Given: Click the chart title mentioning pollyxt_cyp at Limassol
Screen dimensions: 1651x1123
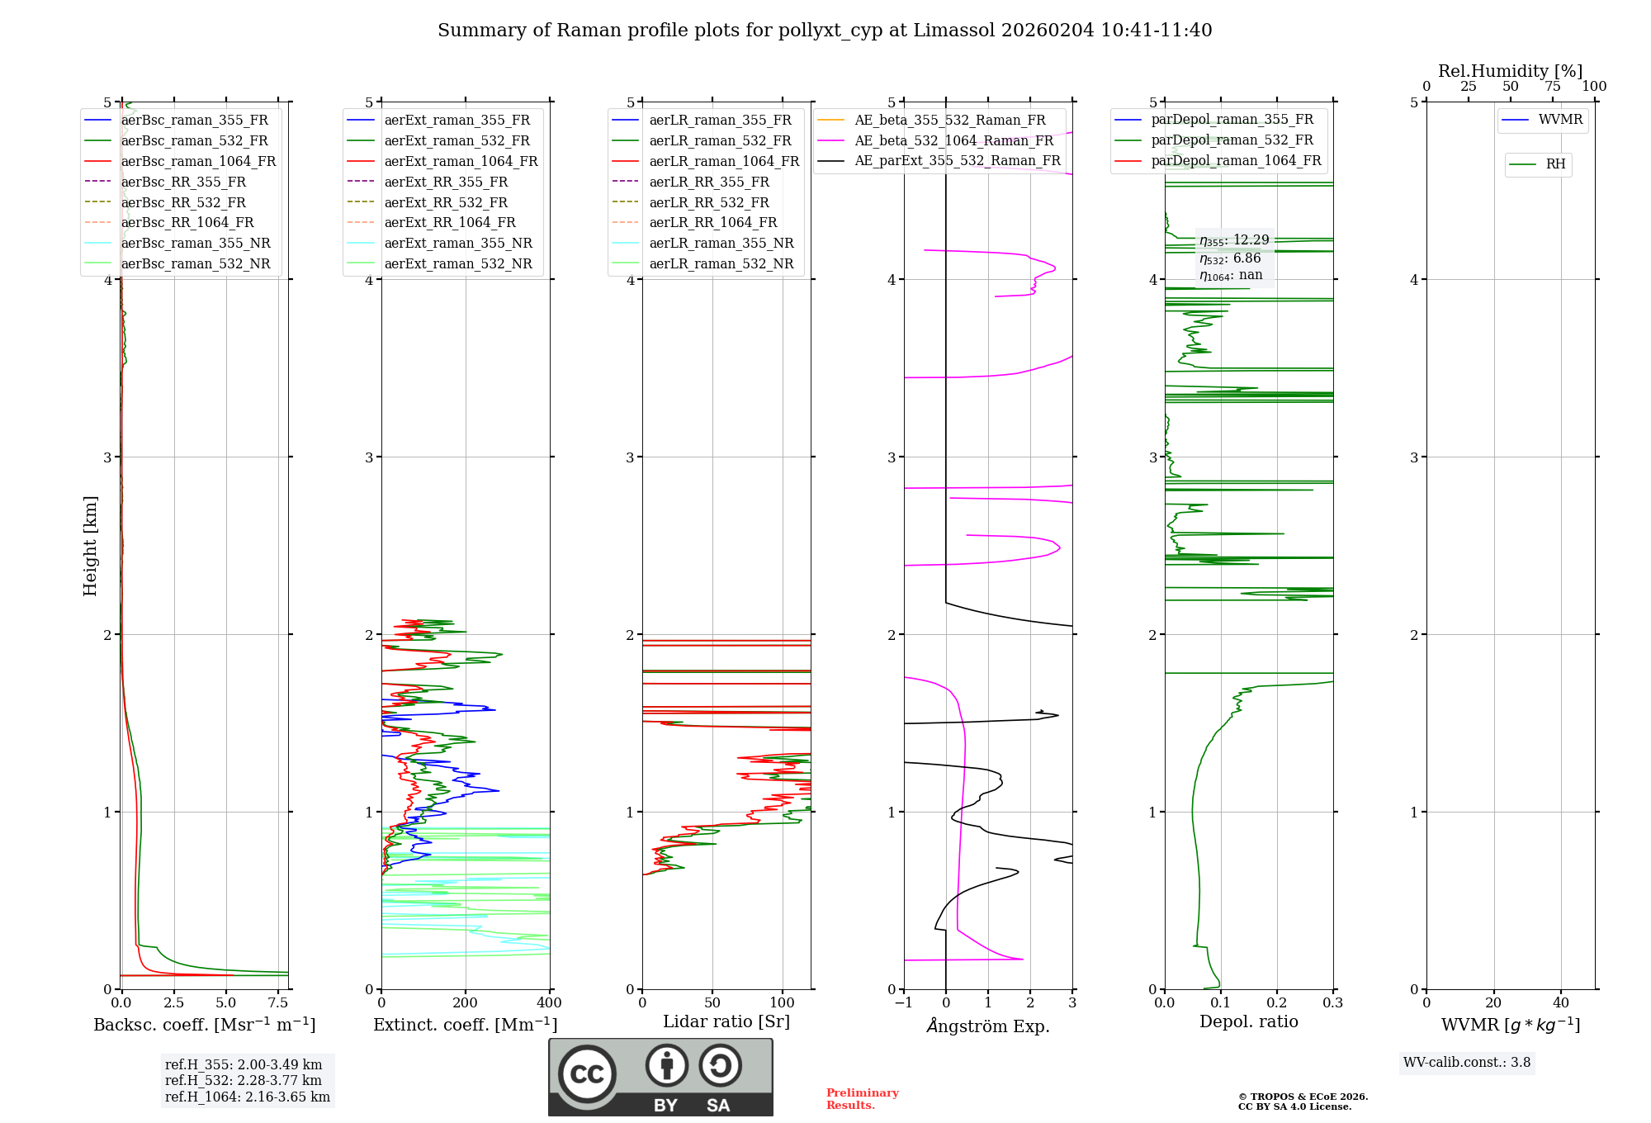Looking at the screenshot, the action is pos(825,31).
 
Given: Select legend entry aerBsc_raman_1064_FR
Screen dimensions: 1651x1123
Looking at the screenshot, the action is pos(180,161).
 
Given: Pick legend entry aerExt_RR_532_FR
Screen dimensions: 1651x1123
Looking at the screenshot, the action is pos(428,202).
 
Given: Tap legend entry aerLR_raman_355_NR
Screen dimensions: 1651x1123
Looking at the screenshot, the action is pos(703,243).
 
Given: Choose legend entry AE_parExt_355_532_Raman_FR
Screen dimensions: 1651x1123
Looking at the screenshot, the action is pos(939,160).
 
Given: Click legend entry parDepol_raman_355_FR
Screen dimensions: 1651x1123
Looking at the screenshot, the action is pos(1213,119).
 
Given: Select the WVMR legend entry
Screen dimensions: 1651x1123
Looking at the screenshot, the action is pos(1542,120).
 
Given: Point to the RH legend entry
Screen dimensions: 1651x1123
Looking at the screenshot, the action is pos(1537,164).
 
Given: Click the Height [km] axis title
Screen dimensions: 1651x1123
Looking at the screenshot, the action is pos(90,546).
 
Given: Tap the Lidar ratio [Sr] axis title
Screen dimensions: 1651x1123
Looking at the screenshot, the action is pos(726,1021).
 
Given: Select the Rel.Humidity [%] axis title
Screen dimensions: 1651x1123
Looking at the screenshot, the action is pos(1511,71).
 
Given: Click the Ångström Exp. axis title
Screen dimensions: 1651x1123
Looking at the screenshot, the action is pos(988,1026).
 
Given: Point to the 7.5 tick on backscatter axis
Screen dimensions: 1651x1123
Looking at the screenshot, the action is pos(278,1002).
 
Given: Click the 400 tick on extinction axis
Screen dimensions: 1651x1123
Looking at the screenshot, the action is pos(550,1002).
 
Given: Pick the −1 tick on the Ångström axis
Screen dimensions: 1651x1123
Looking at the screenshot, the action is pos(904,1002).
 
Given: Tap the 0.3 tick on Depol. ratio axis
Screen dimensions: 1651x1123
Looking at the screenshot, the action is pos(1333,1002).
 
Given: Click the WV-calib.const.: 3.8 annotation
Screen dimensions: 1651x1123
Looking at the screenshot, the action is pos(1467,1062).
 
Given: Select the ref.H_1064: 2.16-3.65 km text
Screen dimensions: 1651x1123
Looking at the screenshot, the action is pos(248,1097).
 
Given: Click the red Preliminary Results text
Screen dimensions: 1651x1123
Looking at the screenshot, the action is pos(863,1099).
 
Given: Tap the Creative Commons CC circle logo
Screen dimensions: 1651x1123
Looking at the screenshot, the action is pos(587,1074).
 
